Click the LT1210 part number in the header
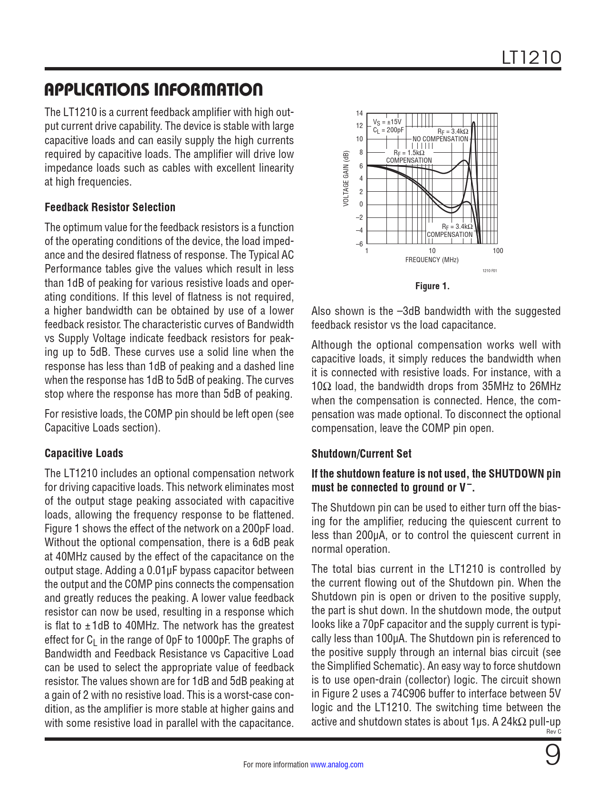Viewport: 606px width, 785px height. click(x=531, y=58)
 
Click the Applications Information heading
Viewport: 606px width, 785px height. click(x=154, y=89)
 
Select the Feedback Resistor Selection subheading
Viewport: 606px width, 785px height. click(x=110, y=207)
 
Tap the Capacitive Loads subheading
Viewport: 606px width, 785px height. click(x=84, y=453)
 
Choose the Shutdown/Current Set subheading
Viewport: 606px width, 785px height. click(x=361, y=454)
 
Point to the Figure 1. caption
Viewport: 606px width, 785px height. click(x=432, y=286)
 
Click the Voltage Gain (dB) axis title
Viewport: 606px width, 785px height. click(x=346, y=178)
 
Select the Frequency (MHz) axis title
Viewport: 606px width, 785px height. click(x=432, y=260)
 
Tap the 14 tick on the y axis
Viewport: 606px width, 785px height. click(x=359, y=113)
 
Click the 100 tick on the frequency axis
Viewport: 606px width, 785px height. click(x=498, y=251)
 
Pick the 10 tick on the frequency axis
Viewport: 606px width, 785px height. click(x=432, y=251)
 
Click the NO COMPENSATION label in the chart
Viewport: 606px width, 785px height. click(x=440, y=139)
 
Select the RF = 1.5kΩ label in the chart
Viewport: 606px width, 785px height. click(x=409, y=153)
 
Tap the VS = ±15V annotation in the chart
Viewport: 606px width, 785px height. click(x=387, y=122)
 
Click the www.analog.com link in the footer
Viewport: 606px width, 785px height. click(x=337, y=765)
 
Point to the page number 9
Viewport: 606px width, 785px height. click(x=552, y=756)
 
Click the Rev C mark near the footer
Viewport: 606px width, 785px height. click(x=554, y=732)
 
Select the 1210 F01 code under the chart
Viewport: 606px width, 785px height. click(x=490, y=271)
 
